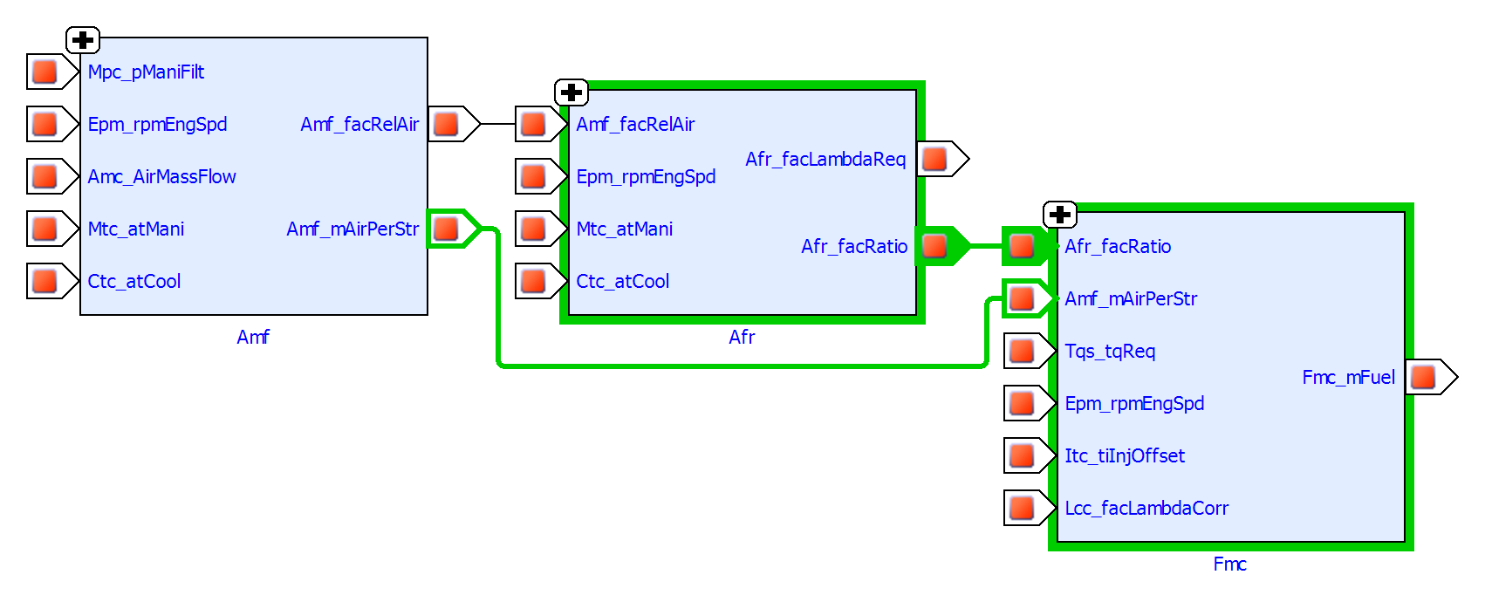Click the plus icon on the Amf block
[83, 40]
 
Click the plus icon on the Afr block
[571, 92]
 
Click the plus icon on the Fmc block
[1060, 215]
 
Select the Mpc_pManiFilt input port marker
[45, 72]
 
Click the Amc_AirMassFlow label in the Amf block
[161, 177]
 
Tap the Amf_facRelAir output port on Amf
[447, 124]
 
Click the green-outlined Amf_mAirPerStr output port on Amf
[447, 229]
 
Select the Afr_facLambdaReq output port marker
[935, 159]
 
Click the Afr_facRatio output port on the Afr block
[935, 246]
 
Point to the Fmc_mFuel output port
[1424, 377]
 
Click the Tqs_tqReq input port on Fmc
[1023, 351]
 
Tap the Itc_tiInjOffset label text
[1124, 456]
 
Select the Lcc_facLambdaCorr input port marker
[1023, 508]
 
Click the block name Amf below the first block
[253, 338]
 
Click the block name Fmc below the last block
[1229, 564]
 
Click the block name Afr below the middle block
[742, 338]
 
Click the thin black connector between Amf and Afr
[497, 124]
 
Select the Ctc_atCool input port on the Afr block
[534, 281]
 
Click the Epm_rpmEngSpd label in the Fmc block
[1134, 404]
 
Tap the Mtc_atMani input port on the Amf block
[45, 229]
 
